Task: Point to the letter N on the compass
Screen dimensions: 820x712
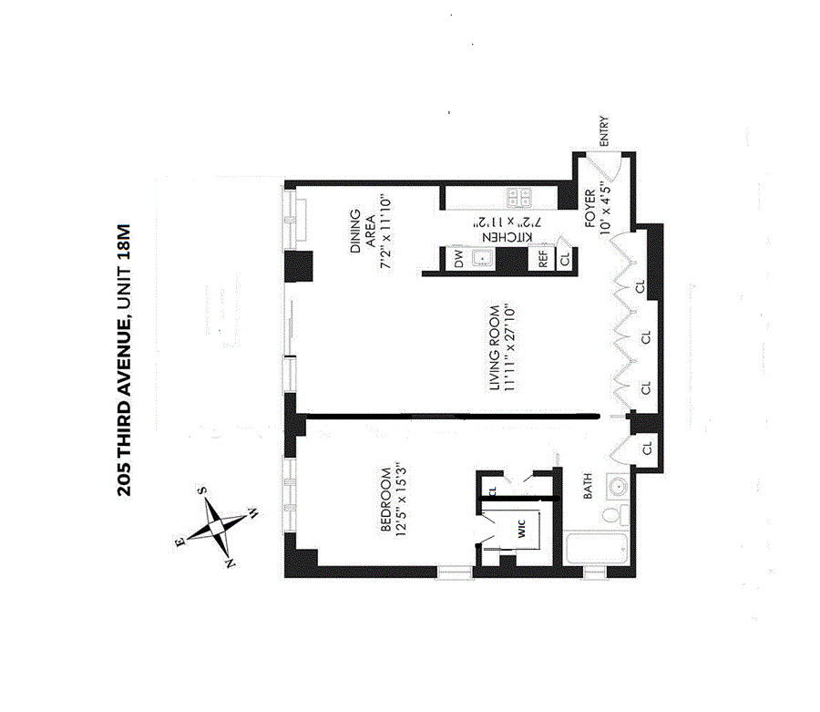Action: coord(231,565)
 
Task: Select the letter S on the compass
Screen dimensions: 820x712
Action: coord(202,490)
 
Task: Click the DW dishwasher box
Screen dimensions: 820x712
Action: coord(458,259)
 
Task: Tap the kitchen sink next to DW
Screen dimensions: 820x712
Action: coord(484,259)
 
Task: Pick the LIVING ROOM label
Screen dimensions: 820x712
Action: coord(493,347)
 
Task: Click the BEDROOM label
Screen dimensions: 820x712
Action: coord(385,501)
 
